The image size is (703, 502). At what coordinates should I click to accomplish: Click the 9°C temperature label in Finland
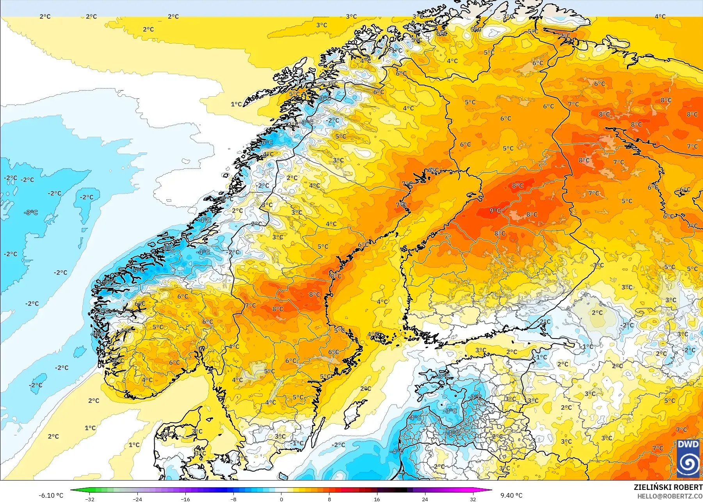click(495, 211)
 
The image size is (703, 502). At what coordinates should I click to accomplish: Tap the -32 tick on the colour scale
click(90, 499)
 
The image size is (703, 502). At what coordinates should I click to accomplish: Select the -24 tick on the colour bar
click(137, 499)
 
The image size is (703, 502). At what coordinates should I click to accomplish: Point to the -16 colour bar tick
click(185, 499)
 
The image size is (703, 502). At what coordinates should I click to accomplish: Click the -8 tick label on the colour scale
click(233, 499)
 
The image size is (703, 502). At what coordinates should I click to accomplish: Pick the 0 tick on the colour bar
click(281, 499)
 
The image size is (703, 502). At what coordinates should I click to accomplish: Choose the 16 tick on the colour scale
click(377, 499)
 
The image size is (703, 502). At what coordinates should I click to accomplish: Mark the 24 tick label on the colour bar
click(425, 499)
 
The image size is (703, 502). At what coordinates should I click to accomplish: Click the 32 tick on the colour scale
click(473, 499)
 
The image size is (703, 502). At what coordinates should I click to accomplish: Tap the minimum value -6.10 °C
click(51, 495)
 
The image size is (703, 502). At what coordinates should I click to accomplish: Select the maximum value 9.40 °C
click(511, 495)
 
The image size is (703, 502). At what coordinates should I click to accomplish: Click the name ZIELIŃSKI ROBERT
click(668, 487)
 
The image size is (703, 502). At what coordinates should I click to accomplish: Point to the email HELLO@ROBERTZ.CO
click(670, 496)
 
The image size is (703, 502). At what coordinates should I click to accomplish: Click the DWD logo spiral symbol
click(688, 463)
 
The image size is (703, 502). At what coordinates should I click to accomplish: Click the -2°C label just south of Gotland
click(338, 445)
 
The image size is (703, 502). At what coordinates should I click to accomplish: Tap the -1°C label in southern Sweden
click(297, 443)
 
